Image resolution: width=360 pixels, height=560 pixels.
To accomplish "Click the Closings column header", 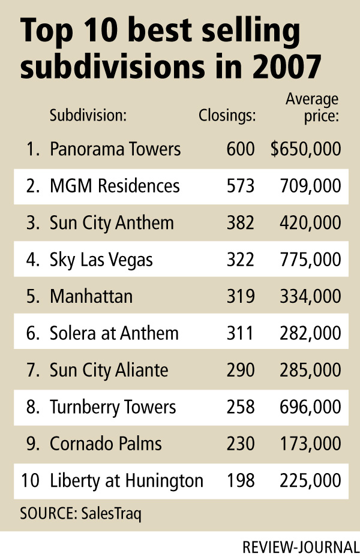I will [x=227, y=115].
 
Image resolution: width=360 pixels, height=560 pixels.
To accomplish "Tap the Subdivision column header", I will [x=88, y=115].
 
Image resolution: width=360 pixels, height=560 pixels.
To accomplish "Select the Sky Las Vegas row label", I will [x=101, y=260].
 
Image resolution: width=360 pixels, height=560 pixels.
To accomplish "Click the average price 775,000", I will [x=311, y=260].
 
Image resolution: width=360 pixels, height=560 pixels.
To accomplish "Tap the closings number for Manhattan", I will [x=241, y=296].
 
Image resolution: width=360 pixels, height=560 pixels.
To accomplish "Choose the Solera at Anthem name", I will [x=113, y=333].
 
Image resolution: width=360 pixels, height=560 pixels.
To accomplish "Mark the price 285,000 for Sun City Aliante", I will [x=311, y=370].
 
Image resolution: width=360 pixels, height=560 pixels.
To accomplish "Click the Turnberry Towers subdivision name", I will [x=113, y=407].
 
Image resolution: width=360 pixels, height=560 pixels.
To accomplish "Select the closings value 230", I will [x=241, y=444].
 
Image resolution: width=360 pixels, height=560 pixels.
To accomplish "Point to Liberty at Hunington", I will [x=127, y=480].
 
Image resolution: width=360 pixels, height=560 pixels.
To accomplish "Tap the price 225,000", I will [x=311, y=480].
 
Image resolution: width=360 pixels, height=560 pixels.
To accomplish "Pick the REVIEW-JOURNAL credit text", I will [x=301, y=547].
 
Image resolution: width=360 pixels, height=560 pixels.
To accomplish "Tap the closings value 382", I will [x=241, y=222].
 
